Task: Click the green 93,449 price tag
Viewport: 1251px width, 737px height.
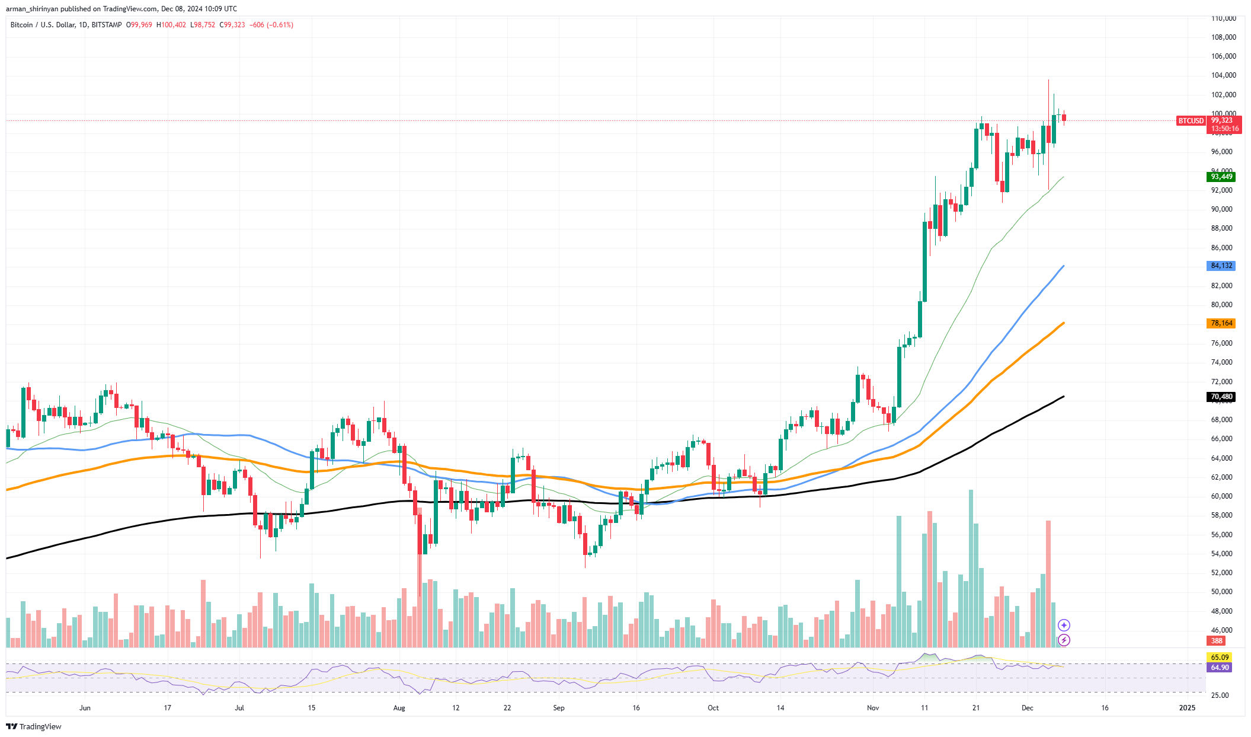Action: click(x=1221, y=177)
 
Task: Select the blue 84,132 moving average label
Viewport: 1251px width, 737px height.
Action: click(x=1221, y=266)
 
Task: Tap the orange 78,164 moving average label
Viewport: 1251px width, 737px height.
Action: click(x=1221, y=323)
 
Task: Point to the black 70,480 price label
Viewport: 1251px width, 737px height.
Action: click(x=1221, y=397)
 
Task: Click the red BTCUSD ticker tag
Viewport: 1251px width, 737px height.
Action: click(x=1191, y=121)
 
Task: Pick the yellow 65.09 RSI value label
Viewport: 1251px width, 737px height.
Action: click(x=1220, y=657)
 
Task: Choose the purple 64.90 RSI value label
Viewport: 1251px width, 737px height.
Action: click(x=1220, y=667)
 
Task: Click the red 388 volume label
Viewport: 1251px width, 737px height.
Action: click(x=1217, y=640)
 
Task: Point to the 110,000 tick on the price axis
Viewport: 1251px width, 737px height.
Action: click(x=1223, y=18)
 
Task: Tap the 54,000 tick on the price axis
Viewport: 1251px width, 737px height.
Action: click(x=1221, y=554)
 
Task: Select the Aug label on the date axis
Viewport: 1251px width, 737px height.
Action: click(x=399, y=708)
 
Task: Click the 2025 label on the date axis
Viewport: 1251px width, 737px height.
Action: click(x=1187, y=708)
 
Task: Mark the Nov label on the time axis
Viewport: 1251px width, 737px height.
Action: click(x=872, y=708)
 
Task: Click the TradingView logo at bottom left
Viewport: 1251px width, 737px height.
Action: click(x=34, y=726)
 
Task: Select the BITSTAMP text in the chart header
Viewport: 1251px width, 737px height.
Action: click(x=107, y=25)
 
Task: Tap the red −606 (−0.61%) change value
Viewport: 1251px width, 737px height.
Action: click(x=271, y=25)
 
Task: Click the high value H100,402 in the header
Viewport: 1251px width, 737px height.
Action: click(x=171, y=25)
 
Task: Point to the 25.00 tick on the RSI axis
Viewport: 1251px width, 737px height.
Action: click(x=1220, y=695)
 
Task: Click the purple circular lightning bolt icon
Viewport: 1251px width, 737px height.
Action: click(x=1064, y=640)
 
